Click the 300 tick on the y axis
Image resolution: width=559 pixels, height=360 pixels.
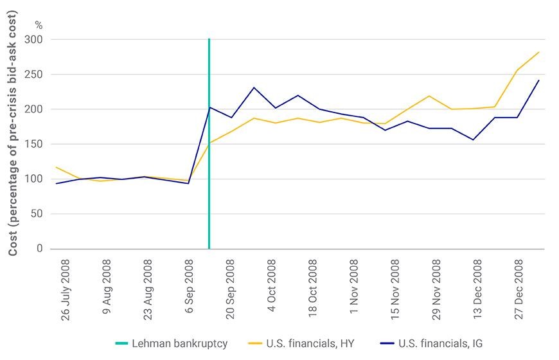pyautogui.click(x=33, y=39)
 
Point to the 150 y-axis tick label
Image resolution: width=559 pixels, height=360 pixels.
pyautogui.click(x=33, y=144)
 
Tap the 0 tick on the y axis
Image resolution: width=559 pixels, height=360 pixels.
pyautogui.click(x=39, y=249)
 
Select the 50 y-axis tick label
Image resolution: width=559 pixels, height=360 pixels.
pyautogui.click(x=36, y=213)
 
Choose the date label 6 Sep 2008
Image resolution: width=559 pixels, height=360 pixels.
pyautogui.click(x=189, y=286)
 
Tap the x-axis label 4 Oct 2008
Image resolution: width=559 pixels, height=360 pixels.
pyautogui.click(x=271, y=285)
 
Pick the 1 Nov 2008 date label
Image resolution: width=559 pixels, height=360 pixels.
pyautogui.click(x=353, y=287)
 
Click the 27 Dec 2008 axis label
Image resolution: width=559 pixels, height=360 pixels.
pyautogui.click(x=519, y=289)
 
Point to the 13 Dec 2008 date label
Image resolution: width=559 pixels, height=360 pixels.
pyautogui.click(x=477, y=289)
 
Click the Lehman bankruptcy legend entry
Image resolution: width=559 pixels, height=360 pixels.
pyautogui.click(x=172, y=343)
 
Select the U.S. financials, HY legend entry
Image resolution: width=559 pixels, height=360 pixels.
pyautogui.click(x=301, y=343)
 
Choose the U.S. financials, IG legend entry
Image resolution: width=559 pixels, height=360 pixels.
pyautogui.click(x=431, y=343)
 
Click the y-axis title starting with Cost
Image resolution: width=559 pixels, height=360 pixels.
pyautogui.click(x=12, y=134)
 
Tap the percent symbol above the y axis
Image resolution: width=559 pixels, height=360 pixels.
pyautogui.click(x=39, y=25)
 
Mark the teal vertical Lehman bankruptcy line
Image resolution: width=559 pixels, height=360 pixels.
pyautogui.click(x=209, y=143)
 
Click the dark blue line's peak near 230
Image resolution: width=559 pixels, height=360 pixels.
pyautogui.click(x=254, y=87)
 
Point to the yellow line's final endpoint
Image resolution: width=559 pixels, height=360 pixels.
pyautogui.click(x=538, y=52)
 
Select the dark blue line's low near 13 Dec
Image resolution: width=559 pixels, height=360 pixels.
pyautogui.click(x=473, y=140)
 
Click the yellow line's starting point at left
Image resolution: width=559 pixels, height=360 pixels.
pyautogui.click(x=57, y=167)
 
